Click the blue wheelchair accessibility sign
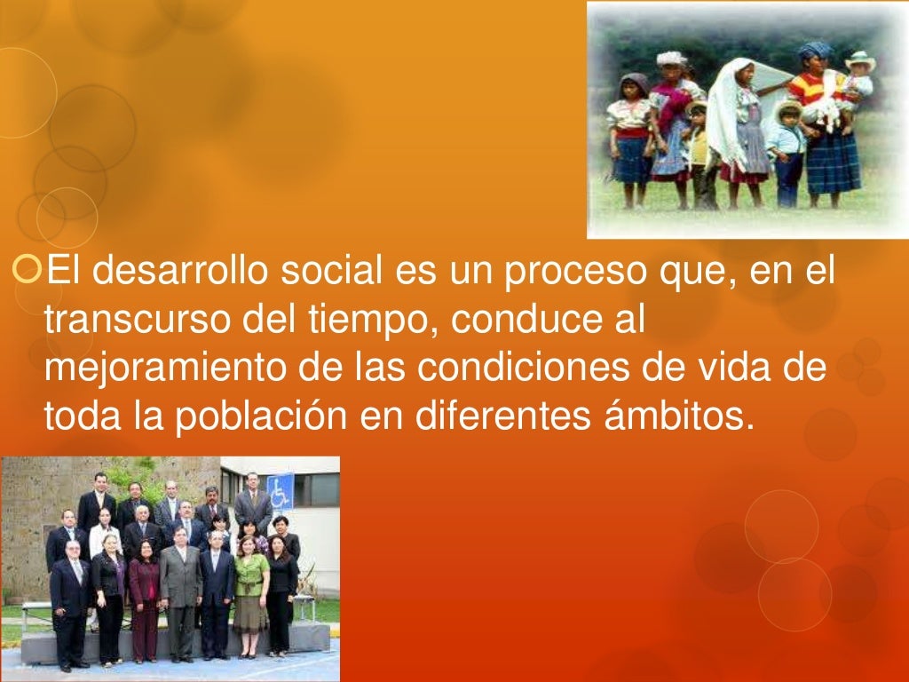(x=280, y=491)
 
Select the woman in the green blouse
(x=250, y=582)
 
